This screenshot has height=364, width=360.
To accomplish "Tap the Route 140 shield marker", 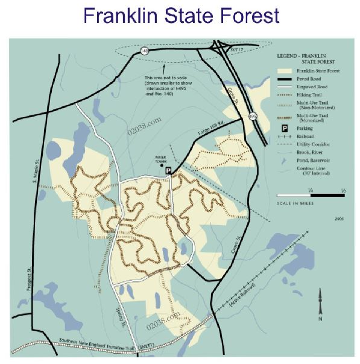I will click(x=145, y=51).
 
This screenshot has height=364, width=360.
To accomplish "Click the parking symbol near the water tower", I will click(x=169, y=171).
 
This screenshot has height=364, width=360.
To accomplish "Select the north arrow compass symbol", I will click(x=321, y=305).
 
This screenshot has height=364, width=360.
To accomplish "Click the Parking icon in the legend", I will click(x=281, y=128).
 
